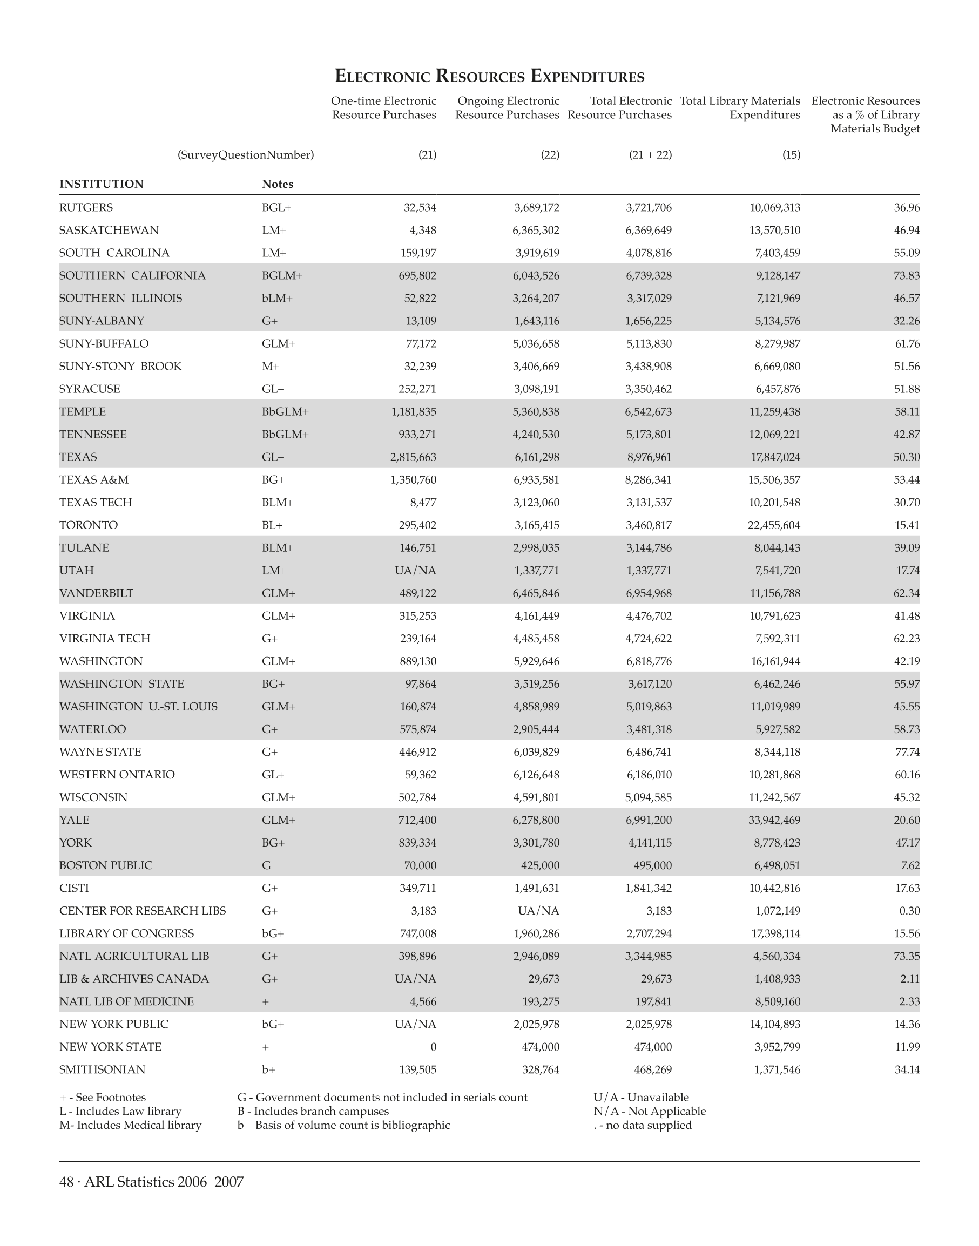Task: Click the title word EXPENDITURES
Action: point(587,76)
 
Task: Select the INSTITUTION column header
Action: point(102,184)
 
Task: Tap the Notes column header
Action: point(278,184)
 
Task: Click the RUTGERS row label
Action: point(86,207)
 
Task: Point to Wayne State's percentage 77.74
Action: point(907,752)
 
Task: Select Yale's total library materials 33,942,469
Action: point(774,820)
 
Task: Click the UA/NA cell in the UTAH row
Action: point(416,571)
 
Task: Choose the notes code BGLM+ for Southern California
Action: point(281,276)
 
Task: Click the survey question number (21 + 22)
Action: point(650,155)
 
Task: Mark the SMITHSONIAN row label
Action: point(102,1069)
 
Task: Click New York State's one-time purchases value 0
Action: point(433,1047)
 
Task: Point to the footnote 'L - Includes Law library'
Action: point(120,1112)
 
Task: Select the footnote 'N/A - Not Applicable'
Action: point(650,1112)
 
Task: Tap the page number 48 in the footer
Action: point(66,1182)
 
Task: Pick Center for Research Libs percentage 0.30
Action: point(910,911)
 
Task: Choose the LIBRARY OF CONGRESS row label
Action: point(126,933)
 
